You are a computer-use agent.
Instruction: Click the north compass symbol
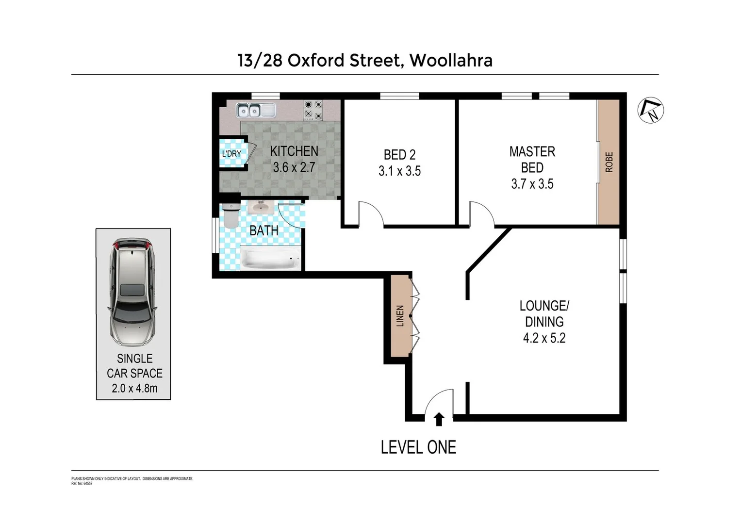(x=650, y=111)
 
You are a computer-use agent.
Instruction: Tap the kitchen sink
(x=255, y=111)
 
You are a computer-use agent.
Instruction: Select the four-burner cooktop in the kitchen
(x=313, y=110)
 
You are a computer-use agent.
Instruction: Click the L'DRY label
(x=231, y=154)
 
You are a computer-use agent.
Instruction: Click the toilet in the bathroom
(x=230, y=216)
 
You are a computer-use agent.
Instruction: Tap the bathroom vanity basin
(x=262, y=208)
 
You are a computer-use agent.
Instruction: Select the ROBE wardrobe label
(x=609, y=162)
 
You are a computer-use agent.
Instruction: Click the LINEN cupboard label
(x=400, y=316)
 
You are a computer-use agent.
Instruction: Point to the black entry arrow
(x=439, y=419)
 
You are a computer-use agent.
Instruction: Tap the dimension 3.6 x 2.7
(x=294, y=167)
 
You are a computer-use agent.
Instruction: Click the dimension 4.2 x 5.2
(x=544, y=338)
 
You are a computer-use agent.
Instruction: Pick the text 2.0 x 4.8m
(x=134, y=388)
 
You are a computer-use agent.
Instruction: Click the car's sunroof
(x=132, y=290)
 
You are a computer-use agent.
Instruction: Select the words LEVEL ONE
(x=418, y=447)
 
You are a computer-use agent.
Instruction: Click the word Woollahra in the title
(x=451, y=61)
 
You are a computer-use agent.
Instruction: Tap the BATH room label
(x=264, y=231)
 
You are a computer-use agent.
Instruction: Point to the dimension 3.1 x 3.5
(x=399, y=171)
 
